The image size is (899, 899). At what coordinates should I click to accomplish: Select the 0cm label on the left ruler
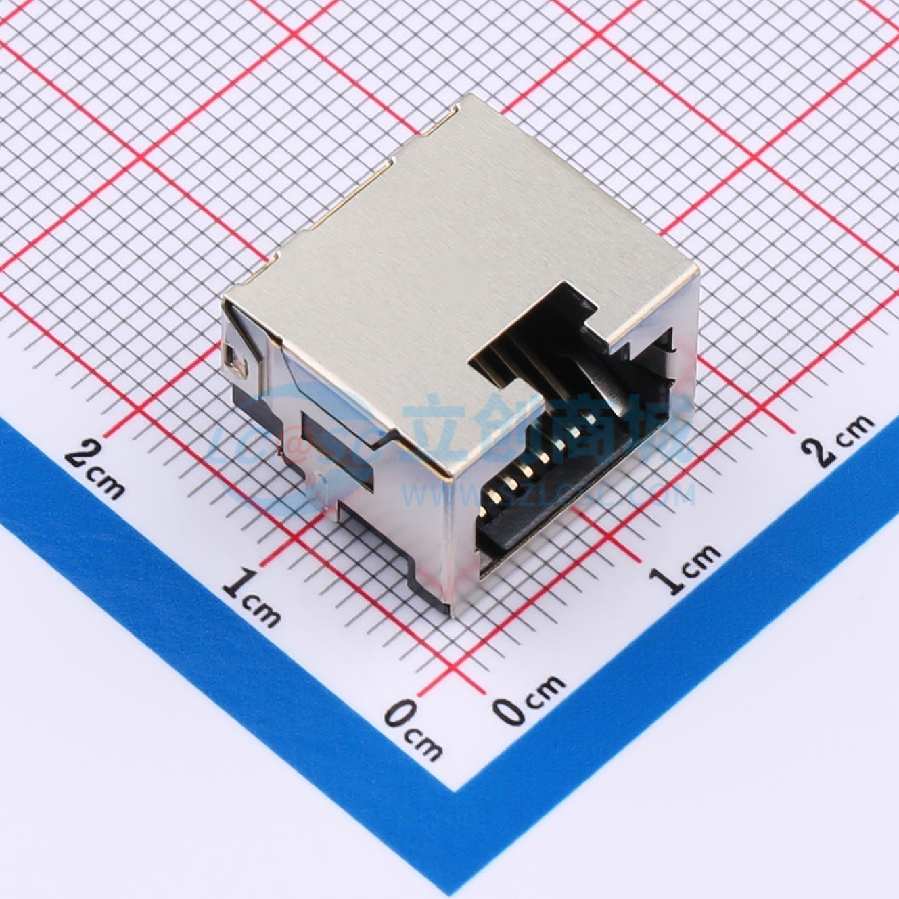coord(413,731)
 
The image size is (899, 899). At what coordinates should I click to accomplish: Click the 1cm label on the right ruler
coord(684,568)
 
